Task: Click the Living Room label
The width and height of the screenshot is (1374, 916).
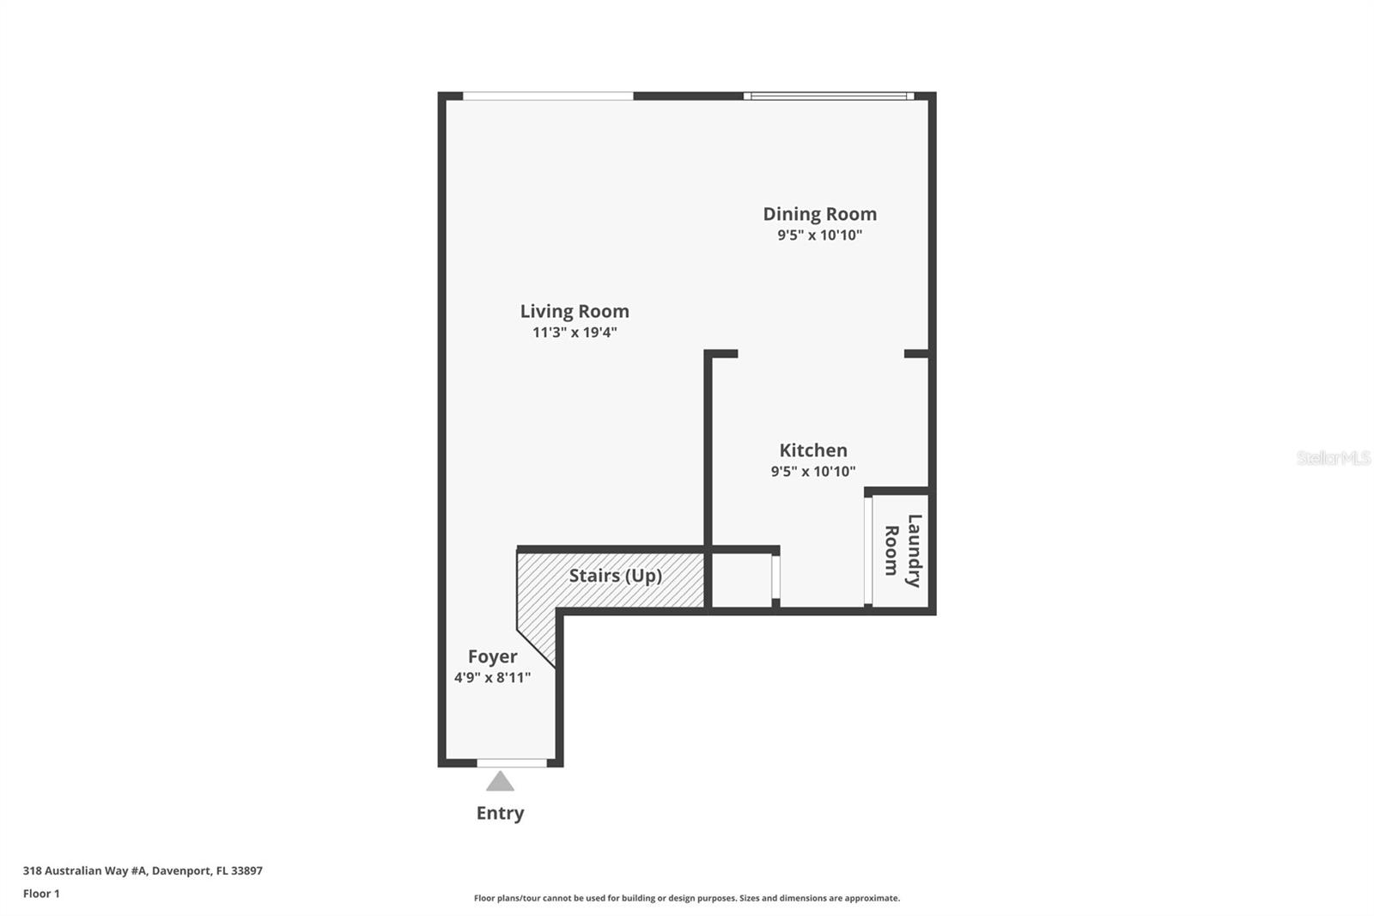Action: tap(575, 311)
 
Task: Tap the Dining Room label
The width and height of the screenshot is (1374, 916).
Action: tap(819, 214)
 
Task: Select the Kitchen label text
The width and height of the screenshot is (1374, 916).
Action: tap(812, 450)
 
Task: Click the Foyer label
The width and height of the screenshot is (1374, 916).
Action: tap(492, 656)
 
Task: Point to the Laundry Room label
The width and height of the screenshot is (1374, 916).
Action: tap(903, 551)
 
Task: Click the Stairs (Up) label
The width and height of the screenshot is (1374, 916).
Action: tap(615, 575)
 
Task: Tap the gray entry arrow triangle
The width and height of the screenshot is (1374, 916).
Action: tap(500, 782)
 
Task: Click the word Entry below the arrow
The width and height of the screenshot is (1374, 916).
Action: tap(500, 813)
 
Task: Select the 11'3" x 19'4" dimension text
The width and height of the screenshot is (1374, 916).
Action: tap(575, 333)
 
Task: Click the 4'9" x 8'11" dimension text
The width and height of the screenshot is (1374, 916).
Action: tap(492, 678)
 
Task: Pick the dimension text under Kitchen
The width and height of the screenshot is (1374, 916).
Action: tap(812, 472)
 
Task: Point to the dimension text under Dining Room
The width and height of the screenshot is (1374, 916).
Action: tap(819, 235)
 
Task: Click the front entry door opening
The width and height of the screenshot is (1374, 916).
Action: tap(512, 763)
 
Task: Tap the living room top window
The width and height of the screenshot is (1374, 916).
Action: tap(548, 96)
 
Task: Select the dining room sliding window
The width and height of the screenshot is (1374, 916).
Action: tap(828, 96)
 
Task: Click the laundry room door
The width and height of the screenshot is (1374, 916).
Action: tap(868, 551)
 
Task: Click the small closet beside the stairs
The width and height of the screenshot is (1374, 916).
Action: tap(742, 581)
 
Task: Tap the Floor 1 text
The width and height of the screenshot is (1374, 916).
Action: tap(41, 894)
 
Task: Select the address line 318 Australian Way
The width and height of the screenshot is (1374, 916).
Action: tap(143, 870)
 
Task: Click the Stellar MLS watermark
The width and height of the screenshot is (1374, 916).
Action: tap(1333, 458)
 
